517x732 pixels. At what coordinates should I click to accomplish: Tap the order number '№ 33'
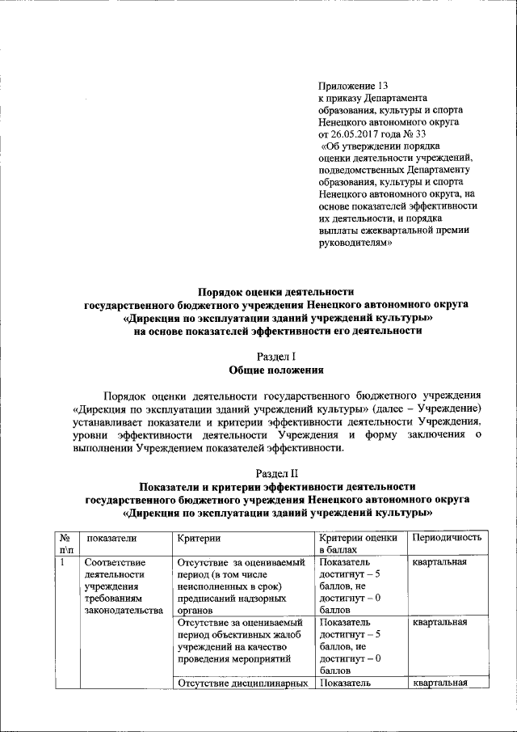tap(414, 133)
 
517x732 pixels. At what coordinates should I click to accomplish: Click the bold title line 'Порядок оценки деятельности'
tap(277, 292)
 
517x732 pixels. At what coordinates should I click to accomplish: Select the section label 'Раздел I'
tap(277, 357)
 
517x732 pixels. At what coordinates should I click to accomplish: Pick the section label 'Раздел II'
tap(277, 473)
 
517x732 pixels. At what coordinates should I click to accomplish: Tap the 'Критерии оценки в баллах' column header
tap(358, 544)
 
